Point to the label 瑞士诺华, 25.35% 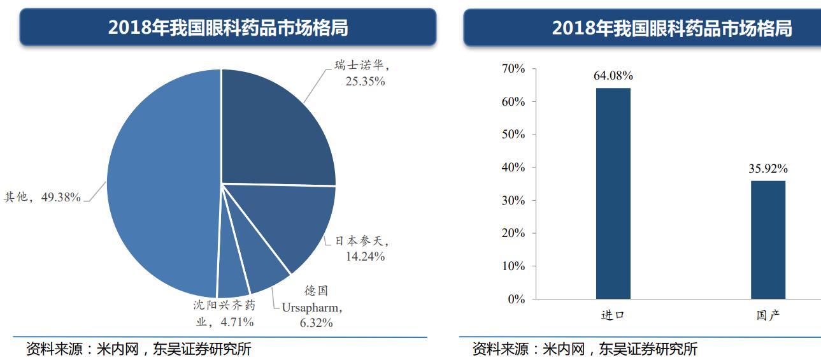tap(360, 73)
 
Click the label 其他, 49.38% tap(43, 198)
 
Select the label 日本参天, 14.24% tap(362, 249)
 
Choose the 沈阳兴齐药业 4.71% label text tap(225, 313)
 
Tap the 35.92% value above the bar tap(767, 169)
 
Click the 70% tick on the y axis tap(513, 69)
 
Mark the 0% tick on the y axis tap(517, 299)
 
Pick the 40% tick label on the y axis tap(513, 168)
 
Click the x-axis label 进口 tap(613, 315)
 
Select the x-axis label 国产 tap(767, 315)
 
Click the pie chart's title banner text tap(227, 27)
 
